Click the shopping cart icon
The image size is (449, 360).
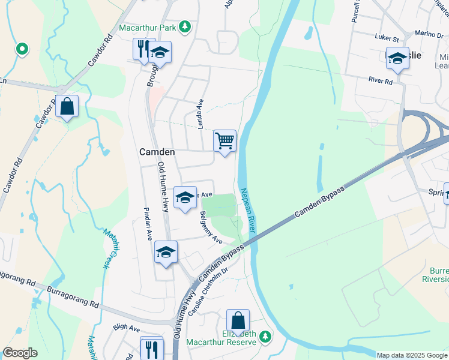click(x=224, y=142)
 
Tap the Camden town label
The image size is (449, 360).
click(x=157, y=152)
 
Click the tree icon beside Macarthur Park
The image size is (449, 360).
click(x=186, y=26)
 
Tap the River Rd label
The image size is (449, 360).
click(x=381, y=80)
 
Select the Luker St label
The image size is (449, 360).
click(x=387, y=38)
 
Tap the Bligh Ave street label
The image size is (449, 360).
click(x=126, y=329)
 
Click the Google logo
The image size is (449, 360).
click(x=20, y=353)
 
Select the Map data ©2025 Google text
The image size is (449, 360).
click(x=412, y=355)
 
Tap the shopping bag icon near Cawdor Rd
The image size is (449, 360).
click(x=67, y=107)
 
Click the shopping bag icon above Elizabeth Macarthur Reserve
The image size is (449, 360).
click(x=238, y=320)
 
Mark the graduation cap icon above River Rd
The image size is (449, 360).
click(x=397, y=58)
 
